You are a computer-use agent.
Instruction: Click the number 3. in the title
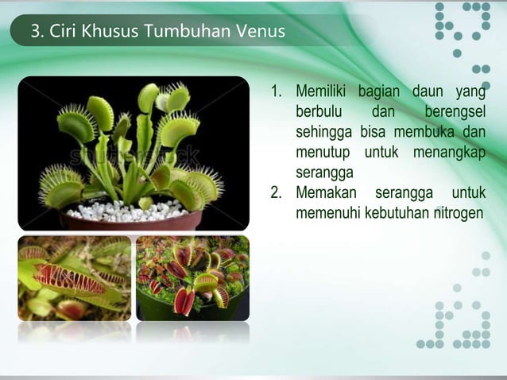tap(37, 33)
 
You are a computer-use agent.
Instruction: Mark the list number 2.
tap(277, 193)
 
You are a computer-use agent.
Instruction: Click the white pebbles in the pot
tap(127, 210)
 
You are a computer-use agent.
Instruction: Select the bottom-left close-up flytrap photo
tap(75, 277)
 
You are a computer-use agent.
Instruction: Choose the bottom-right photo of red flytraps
tap(192, 277)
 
